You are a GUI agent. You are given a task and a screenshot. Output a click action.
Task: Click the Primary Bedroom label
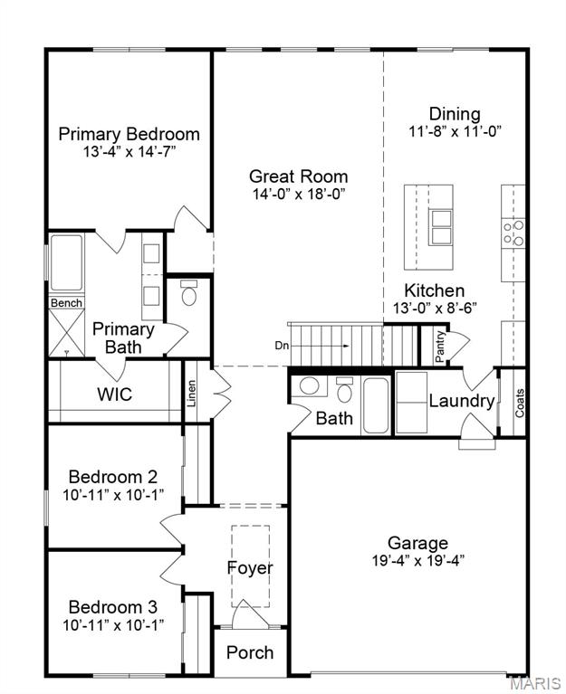129,134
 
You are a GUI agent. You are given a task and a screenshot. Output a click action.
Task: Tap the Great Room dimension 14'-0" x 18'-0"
298,194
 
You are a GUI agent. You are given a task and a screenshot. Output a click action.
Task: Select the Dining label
455,114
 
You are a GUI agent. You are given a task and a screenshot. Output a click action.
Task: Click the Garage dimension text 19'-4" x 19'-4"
417,559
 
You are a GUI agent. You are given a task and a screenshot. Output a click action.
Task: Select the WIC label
114,395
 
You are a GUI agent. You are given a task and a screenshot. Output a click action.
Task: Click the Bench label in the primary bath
65,303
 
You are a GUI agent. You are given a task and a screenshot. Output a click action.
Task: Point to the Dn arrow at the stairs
312,345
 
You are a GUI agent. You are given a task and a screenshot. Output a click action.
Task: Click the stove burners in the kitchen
513,233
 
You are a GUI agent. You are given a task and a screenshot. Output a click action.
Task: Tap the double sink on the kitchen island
440,228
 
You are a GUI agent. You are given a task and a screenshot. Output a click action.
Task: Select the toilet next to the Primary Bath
189,294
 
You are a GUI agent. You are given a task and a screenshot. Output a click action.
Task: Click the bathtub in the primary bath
66,263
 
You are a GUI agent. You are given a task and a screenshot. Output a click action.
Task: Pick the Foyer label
249,568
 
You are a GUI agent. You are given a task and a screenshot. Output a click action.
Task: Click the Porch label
249,652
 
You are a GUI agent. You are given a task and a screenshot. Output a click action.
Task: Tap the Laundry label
461,401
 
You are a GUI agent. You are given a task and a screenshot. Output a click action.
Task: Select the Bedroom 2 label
113,477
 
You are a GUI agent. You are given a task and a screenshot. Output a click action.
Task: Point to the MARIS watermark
535,680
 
